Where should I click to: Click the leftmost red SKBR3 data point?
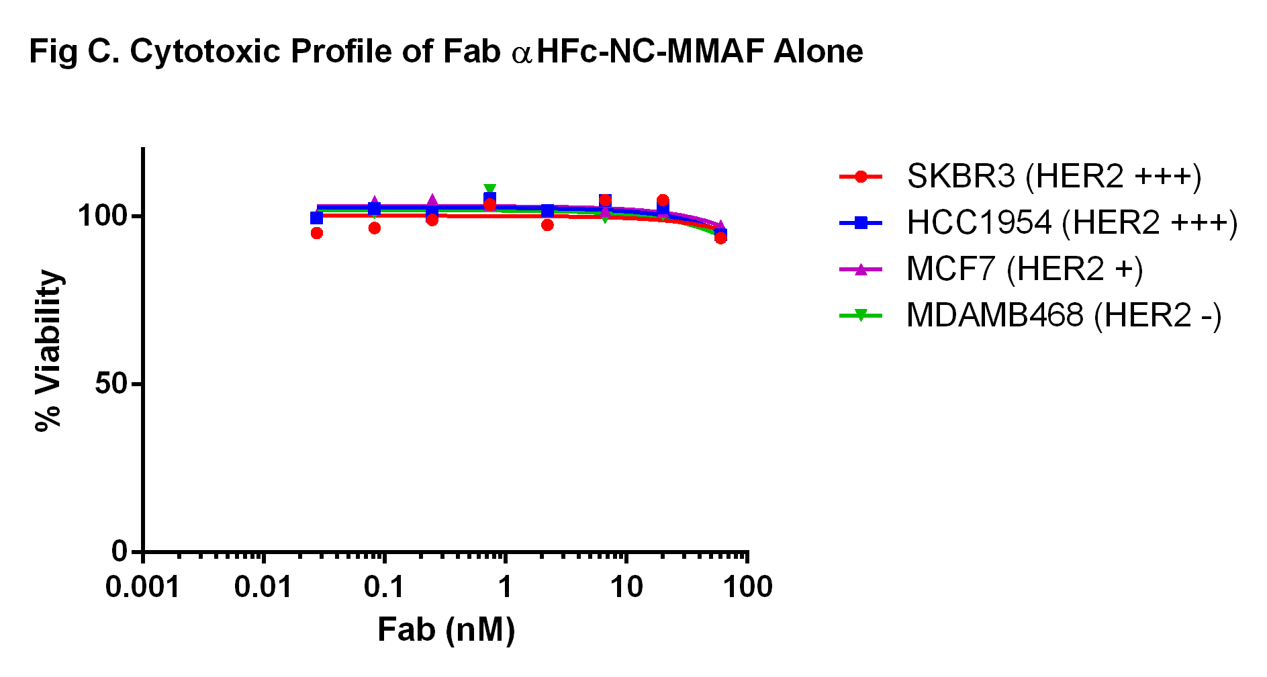click(x=317, y=233)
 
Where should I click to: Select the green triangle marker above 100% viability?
click(x=489, y=190)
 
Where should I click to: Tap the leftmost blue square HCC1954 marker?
click(x=317, y=218)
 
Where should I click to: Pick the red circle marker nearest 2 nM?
click(x=547, y=225)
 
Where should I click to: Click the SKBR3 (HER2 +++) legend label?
click(x=1053, y=177)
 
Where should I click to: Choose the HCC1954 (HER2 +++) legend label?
click(x=1072, y=223)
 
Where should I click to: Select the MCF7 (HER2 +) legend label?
click(x=1025, y=269)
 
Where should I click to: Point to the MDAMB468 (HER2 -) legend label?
click(x=1064, y=315)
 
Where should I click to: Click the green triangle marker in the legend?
click(x=861, y=314)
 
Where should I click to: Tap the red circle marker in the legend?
click(x=861, y=177)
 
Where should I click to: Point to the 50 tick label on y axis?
click(x=111, y=384)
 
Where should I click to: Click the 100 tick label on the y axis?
click(x=103, y=216)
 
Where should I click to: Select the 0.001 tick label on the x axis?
click(x=143, y=588)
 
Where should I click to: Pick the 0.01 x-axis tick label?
click(x=264, y=588)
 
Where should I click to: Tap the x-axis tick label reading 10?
click(x=626, y=588)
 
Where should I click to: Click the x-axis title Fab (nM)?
click(x=446, y=630)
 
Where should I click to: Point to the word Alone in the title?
click(x=818, y=52)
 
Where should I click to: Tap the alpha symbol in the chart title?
click(x=521, y=54)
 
